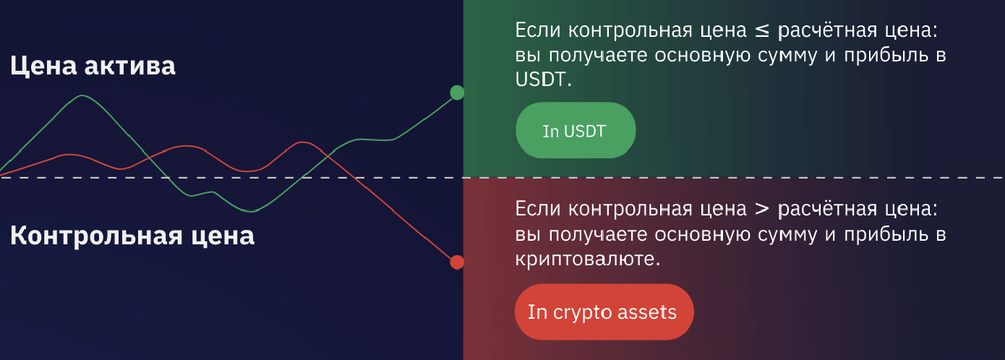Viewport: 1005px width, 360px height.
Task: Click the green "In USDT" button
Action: click(x=576, y=130)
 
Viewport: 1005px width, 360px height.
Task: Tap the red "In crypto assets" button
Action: click(x=604, y=312)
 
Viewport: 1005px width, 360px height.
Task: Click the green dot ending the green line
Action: click(x=457, y=93)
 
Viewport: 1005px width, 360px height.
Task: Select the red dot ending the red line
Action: click(x=457, y=262)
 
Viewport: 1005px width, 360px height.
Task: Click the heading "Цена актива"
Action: click(x=93, y=66)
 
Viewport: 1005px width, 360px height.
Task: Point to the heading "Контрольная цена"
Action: click(x=132, y=236)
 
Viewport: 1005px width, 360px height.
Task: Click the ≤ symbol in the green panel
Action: click(x=762, y=30)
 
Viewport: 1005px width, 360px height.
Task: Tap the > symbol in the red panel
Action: click(x=762, y=209)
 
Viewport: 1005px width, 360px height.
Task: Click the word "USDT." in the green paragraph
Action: click(x=543, y=80)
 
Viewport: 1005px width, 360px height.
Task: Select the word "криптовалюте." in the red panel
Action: click(x=588, y=259)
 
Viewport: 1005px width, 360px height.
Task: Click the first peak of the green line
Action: click(x=82, y=95)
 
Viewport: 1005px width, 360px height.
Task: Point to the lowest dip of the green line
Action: click(x=252, y=211)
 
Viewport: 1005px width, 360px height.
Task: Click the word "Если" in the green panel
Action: click(x=537, y=30)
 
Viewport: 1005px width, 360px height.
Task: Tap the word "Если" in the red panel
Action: click(x=537, y=208)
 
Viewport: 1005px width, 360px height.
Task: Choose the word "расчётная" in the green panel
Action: click(x=827, y=31)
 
